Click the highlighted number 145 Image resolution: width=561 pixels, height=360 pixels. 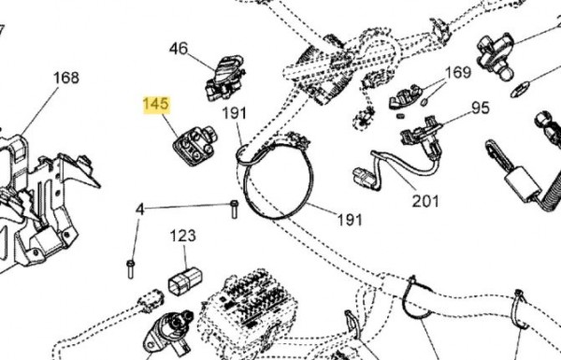tap(156, 104)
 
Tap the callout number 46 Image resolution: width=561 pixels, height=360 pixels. tap(179, 49)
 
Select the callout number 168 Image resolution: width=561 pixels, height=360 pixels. tap(66, 78)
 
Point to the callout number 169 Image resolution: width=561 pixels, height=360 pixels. tap(458, 72)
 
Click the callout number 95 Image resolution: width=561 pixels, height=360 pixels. tap(481, 108)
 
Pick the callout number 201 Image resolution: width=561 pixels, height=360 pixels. tap(425, 201)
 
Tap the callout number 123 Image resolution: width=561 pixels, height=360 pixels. tap(183, 236)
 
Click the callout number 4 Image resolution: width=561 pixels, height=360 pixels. tap(140, 209)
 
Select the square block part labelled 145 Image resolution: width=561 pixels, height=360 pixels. tap(195, 146)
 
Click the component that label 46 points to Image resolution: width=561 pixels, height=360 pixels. tap(225, 78)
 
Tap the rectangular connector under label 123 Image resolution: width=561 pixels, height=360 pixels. tap(185, 281)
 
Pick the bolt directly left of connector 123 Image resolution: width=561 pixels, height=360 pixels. tap(130, 269)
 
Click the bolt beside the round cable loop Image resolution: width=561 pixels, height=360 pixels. tap(235, 209)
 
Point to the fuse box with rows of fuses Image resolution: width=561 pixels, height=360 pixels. tap(252, 307)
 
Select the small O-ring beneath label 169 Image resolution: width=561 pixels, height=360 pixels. tap(424, 102)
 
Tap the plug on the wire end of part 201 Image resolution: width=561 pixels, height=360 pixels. tap(364, 176)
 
